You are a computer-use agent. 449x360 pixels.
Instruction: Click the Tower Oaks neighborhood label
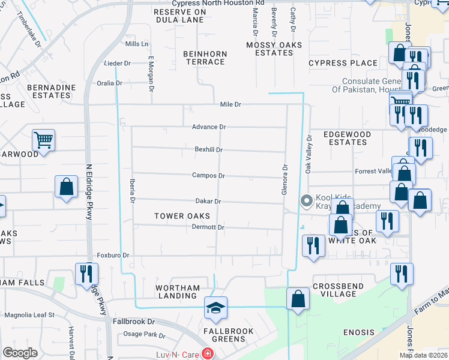tap(182, 216)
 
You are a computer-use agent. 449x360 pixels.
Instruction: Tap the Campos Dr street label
tap(208, 176)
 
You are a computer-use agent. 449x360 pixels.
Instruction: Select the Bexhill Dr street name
tap(208, 149)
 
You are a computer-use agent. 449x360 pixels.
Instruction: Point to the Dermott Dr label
tap(208, 227)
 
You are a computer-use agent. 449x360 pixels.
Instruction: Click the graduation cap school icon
tap(216, 308)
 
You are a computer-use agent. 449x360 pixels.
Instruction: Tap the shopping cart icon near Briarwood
tap(43, 140)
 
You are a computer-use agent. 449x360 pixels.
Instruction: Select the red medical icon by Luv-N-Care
tap(208, 354)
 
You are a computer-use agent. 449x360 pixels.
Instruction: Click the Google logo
tap(20, 353)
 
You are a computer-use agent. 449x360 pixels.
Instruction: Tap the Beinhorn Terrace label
tap(205, 58)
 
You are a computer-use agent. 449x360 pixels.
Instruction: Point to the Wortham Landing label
tap(177, 292)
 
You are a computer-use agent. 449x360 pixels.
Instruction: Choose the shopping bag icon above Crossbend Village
tap(298, 298)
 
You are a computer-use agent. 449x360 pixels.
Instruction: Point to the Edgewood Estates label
tap(345, 138)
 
